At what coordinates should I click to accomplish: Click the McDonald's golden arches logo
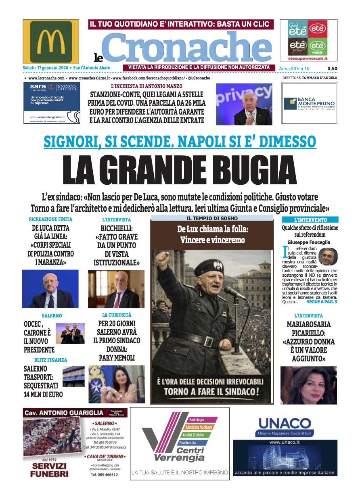(x=51, y=42)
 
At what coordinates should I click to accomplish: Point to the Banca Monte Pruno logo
(x=309, y=104)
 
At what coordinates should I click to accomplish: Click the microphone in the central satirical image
(x=234, y=292)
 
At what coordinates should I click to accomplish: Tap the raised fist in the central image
(x=163, y=259)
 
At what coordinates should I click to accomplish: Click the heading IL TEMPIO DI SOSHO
(x=212, y=218)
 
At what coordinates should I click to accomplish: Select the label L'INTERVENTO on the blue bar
(x=310, y=220)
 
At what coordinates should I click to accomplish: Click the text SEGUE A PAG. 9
(x=321, y=301)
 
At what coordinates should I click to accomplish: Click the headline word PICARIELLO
(x=309, y=333)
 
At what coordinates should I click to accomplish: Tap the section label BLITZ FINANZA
(x=51, y=360)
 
